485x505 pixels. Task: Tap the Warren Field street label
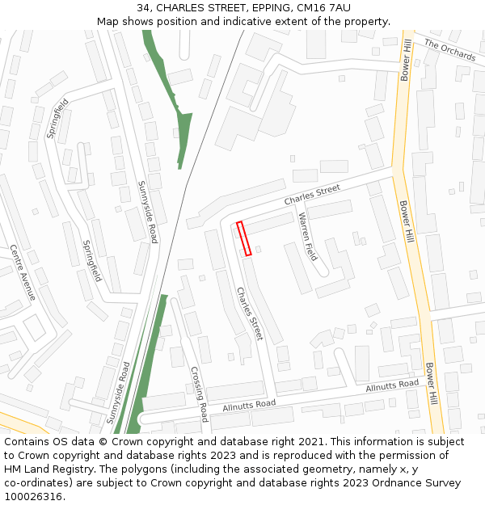pos(308,237)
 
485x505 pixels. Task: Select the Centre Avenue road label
pos(23,272)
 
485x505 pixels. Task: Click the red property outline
pos(243,238)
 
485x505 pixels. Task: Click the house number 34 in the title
pos(144,8)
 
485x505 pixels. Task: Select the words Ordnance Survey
pos(415,483)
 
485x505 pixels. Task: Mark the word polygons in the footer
pos(149,469)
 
